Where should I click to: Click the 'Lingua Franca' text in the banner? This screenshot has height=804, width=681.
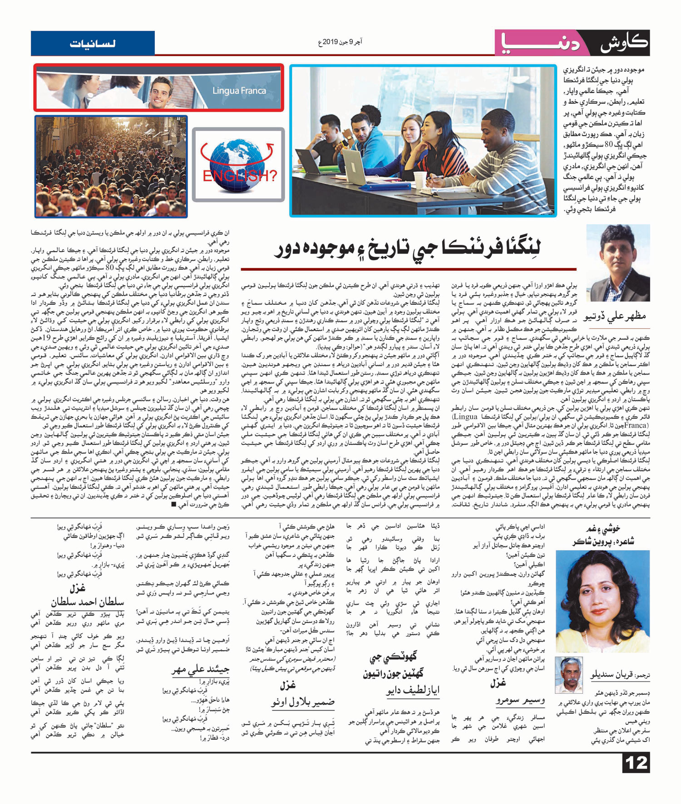(239, 91)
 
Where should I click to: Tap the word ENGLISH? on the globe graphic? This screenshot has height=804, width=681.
(239, 176)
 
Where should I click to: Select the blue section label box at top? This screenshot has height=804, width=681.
(93, 44)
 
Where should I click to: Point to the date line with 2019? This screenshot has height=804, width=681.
(340, 42)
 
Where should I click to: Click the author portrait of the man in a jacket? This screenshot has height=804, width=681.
(618, 263)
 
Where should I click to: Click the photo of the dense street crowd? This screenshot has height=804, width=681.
(111, 166)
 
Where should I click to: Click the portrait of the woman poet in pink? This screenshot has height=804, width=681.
(602, 601)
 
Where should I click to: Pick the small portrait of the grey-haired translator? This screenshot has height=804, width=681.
(568, 675)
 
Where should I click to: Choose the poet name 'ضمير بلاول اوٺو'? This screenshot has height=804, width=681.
(303, 702)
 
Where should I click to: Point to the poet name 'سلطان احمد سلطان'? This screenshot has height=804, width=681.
(88, 602)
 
